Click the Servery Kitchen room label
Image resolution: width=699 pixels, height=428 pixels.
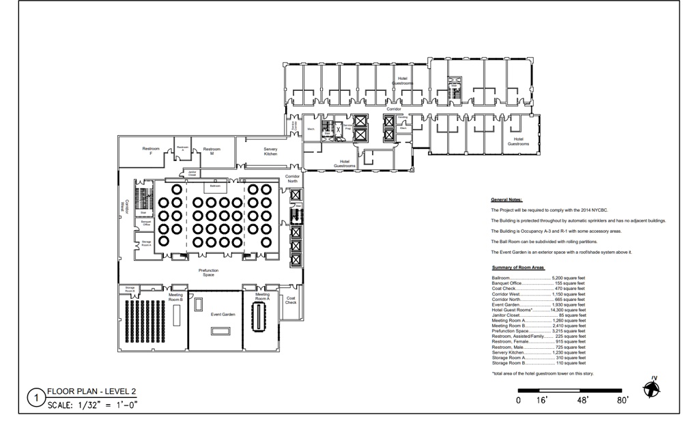tap(270, 152)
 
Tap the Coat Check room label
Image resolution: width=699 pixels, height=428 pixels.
tap(291, 300)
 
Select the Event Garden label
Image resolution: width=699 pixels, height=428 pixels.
tap(223, 315)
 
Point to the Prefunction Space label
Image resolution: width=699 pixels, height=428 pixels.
tap(208, 272)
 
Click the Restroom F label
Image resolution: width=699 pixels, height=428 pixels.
tap(151, 151)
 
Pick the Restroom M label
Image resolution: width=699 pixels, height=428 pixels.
tap(212, 151)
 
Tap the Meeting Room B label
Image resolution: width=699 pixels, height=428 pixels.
tap(175, 298)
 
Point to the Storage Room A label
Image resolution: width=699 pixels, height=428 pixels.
tap(146, 243)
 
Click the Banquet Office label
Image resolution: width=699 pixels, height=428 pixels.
tap(146, 223)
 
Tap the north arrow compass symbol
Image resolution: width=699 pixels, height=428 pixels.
tap(653, 388)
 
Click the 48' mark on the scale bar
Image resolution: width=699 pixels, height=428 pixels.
tap(582, 401)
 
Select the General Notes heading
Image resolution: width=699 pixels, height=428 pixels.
tap(507, 200)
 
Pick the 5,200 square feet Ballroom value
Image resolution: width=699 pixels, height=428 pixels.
tap(569, 279)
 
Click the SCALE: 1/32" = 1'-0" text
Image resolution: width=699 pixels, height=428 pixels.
tap(92, 404)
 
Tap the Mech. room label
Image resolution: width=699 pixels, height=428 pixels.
tap(311, 128)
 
